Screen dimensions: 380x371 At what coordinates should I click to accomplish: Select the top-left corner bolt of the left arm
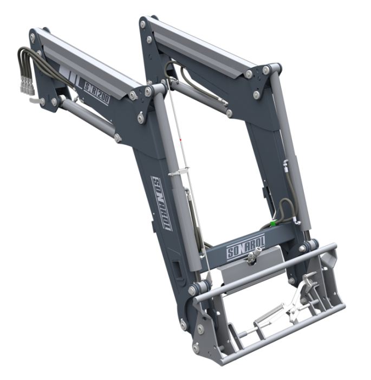(x=33, y=37)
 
